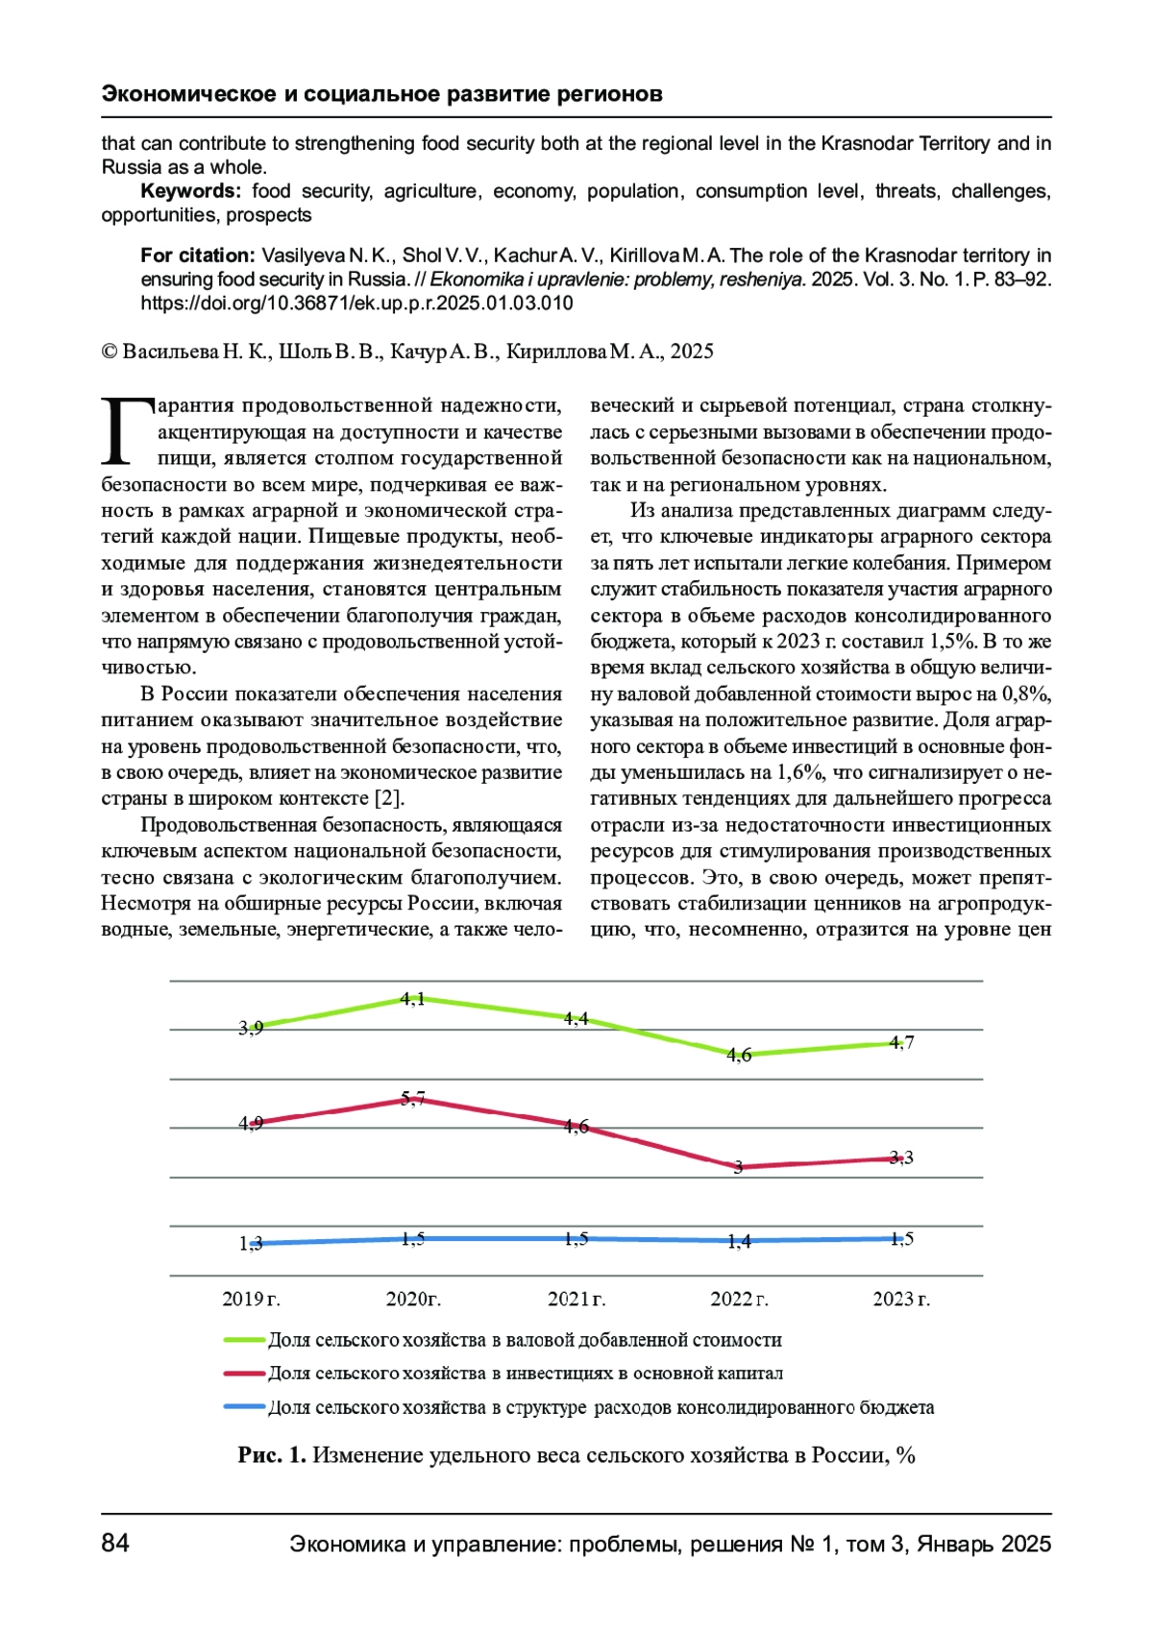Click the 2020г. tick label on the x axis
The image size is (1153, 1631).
(413, 1299)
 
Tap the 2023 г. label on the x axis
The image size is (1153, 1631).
(900, 1299)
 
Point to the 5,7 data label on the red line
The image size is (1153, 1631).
(413, 1098)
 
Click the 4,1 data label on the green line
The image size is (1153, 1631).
(413, 999)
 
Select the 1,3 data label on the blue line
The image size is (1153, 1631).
(251, 1243)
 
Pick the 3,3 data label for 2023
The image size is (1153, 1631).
(901, 1157)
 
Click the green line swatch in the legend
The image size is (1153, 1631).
(244, 1340)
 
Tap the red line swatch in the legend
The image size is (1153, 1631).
(244, 1374)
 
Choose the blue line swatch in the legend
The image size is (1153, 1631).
(244, 1407)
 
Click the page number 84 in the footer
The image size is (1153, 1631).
(115, 1543)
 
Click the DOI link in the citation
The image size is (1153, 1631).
(356, 304)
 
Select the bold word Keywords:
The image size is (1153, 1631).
(190, 191)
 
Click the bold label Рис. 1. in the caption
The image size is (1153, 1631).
(272, 1455)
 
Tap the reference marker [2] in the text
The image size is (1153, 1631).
(388, 798)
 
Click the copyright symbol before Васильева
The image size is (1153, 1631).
(110, 352)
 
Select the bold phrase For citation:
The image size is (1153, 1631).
(197, 256)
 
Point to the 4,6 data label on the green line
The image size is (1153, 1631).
(739, 1055)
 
